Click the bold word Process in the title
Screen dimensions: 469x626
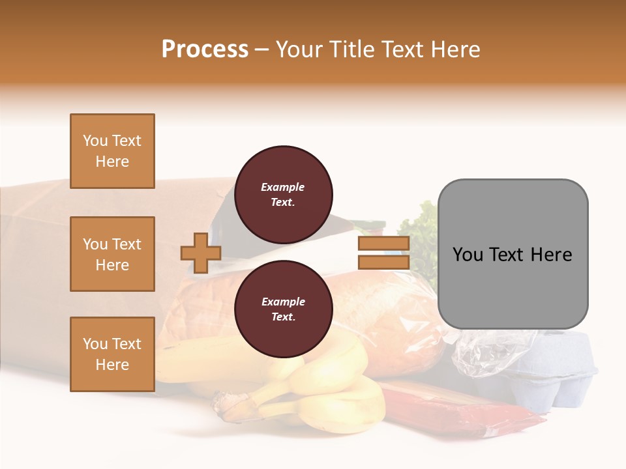205,50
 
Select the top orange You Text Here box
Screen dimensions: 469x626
112,151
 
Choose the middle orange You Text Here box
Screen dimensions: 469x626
112,254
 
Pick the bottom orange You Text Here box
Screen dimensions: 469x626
112,354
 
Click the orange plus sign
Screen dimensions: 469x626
201,253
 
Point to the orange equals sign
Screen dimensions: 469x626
383,253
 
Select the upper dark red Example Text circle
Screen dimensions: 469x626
283,194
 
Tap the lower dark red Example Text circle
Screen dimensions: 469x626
283,309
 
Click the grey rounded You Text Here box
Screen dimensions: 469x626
513,254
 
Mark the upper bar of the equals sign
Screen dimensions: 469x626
383,244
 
